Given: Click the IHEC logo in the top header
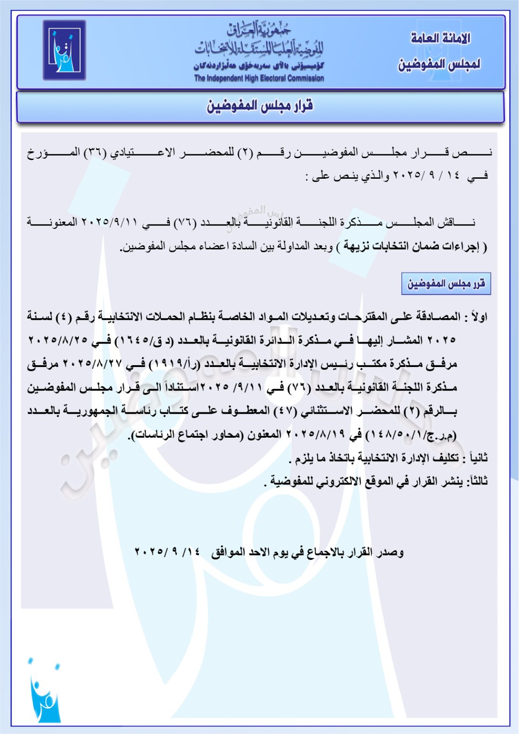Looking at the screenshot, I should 64,50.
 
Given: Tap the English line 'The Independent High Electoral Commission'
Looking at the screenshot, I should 259,78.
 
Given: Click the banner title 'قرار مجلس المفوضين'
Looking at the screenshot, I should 260,106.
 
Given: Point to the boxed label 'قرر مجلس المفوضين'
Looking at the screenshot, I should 446,284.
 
